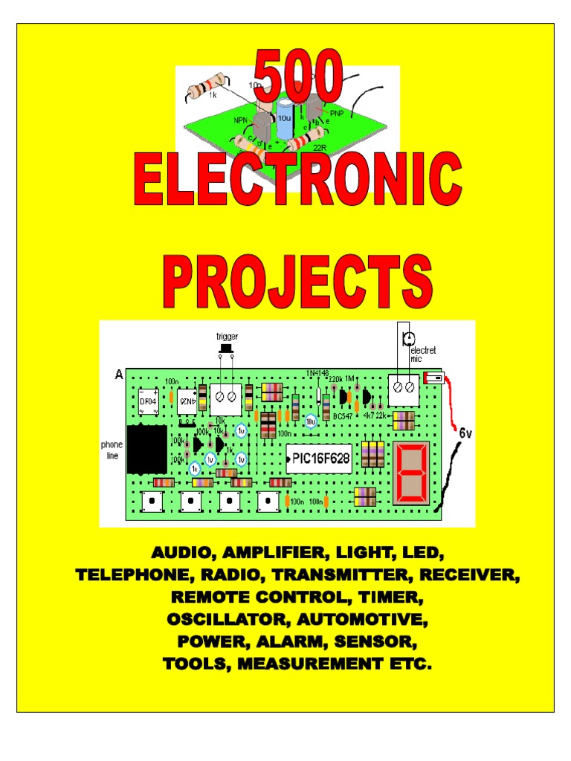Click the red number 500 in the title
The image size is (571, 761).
[299, 81]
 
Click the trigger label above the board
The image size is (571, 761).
[228, 337]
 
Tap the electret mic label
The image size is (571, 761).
[425, 354]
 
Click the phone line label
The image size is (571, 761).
[112, 450]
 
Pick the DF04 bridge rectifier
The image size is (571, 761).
[148, 402]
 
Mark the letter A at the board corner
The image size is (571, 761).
[118, 375]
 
